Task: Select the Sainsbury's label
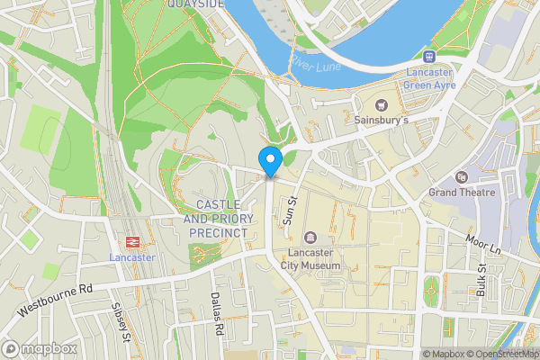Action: tap(382, 120)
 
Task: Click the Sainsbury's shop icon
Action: tap(382, 104)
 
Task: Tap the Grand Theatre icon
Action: tap(462, 177)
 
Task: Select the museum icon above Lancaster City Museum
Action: tap(310, 238)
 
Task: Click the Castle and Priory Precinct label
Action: tap(216, 219)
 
